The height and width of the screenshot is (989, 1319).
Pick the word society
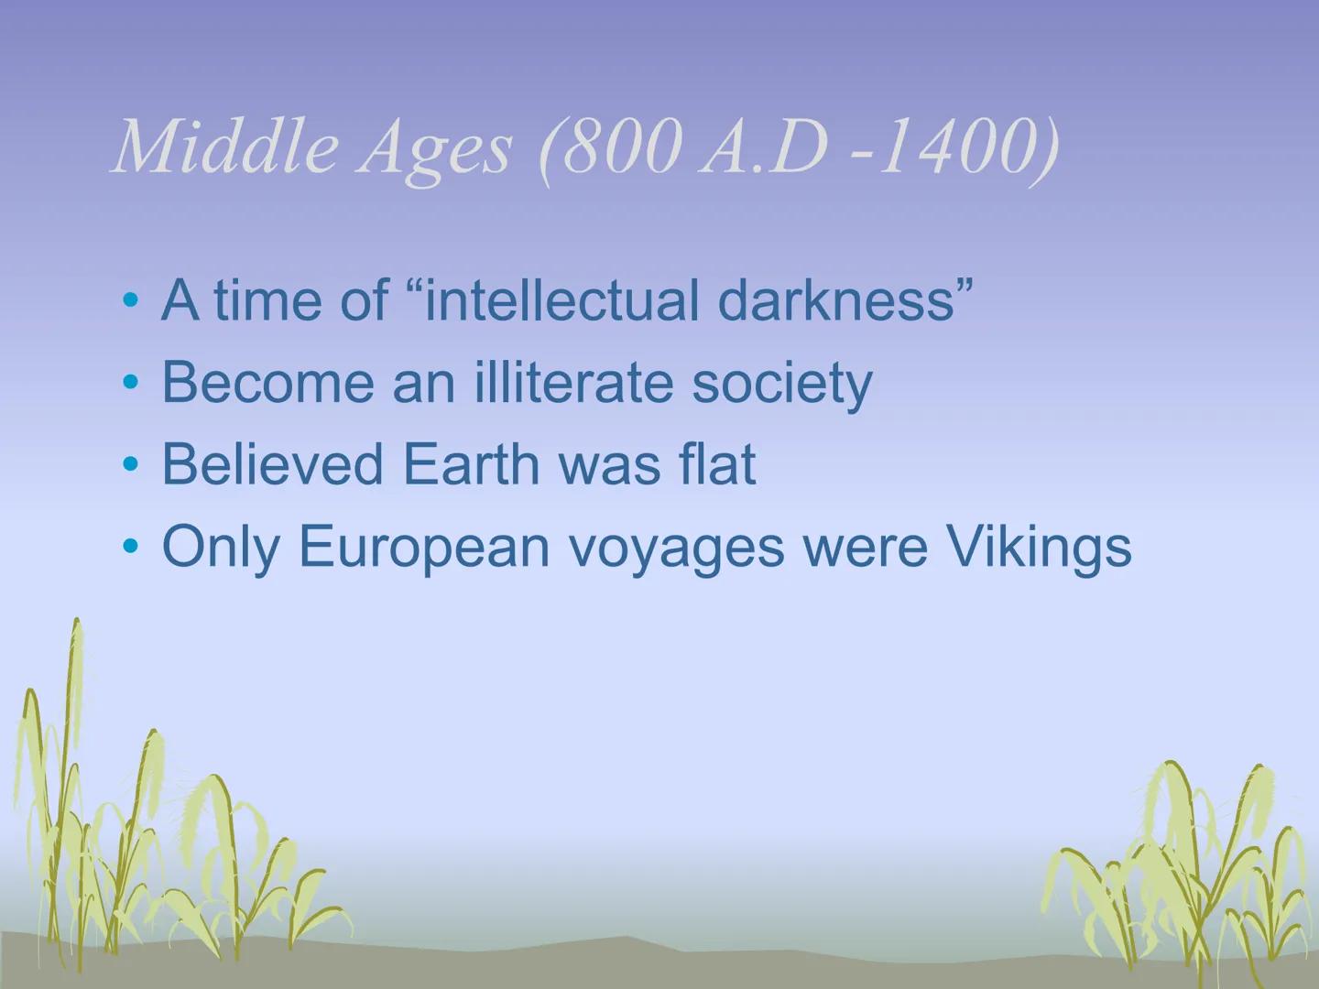click(x=781, y=384)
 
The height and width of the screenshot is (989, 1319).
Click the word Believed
click(x=274, y=464)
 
